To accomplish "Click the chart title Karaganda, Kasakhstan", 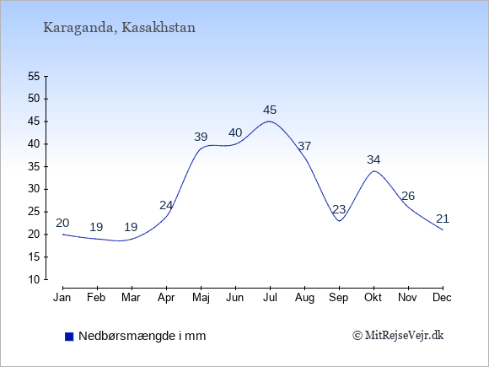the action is [119, 28].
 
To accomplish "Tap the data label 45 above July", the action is [270, 110].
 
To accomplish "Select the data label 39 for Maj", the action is [201, 137].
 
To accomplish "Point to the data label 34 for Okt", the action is [373, 159].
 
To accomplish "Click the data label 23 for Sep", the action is [339, 209].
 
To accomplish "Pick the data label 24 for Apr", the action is [166, 205].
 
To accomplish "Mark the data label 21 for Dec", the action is [443, 219].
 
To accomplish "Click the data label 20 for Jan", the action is [62, 223].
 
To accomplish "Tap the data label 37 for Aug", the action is [304, 146].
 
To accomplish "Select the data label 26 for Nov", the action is [408, 196].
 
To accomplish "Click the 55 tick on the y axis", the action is [34, 76].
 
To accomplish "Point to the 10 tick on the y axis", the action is [34, 279].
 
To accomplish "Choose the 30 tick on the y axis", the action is [34, 189].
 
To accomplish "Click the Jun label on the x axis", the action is [235, 298].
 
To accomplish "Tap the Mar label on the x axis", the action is [131, 298].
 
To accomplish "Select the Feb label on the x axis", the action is [96, 298].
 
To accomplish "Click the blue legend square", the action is [69, 337].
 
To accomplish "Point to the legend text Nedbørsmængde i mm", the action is [142, 336].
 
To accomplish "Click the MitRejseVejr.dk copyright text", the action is [398, 336].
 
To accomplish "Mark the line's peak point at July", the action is [270, 121].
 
